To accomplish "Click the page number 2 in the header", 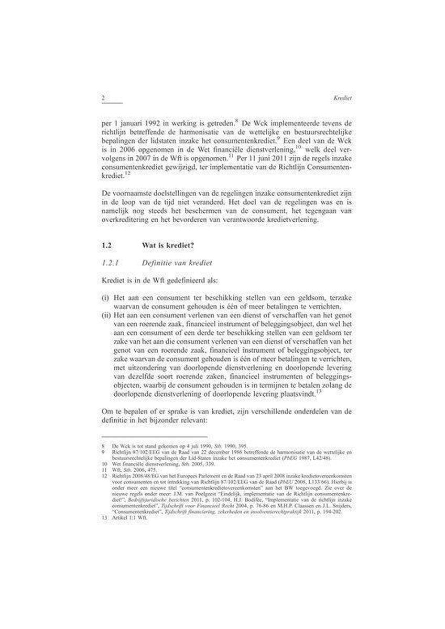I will pos(103,97).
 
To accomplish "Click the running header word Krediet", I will pos(333,98).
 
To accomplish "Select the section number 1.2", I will pos(107,245).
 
